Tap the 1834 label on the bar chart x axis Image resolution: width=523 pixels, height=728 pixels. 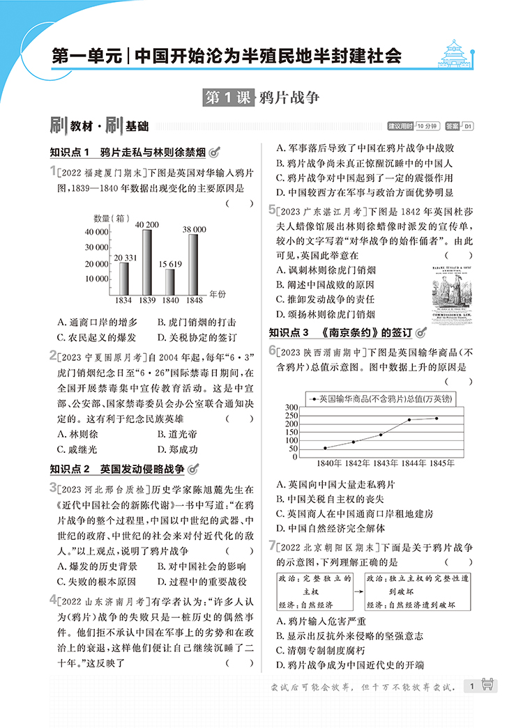click(123, 300)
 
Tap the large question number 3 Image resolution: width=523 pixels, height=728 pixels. click(53, 487)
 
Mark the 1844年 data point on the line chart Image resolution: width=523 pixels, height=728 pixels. click(409, 420)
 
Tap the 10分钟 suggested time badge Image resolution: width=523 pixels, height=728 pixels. click(427, 126)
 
